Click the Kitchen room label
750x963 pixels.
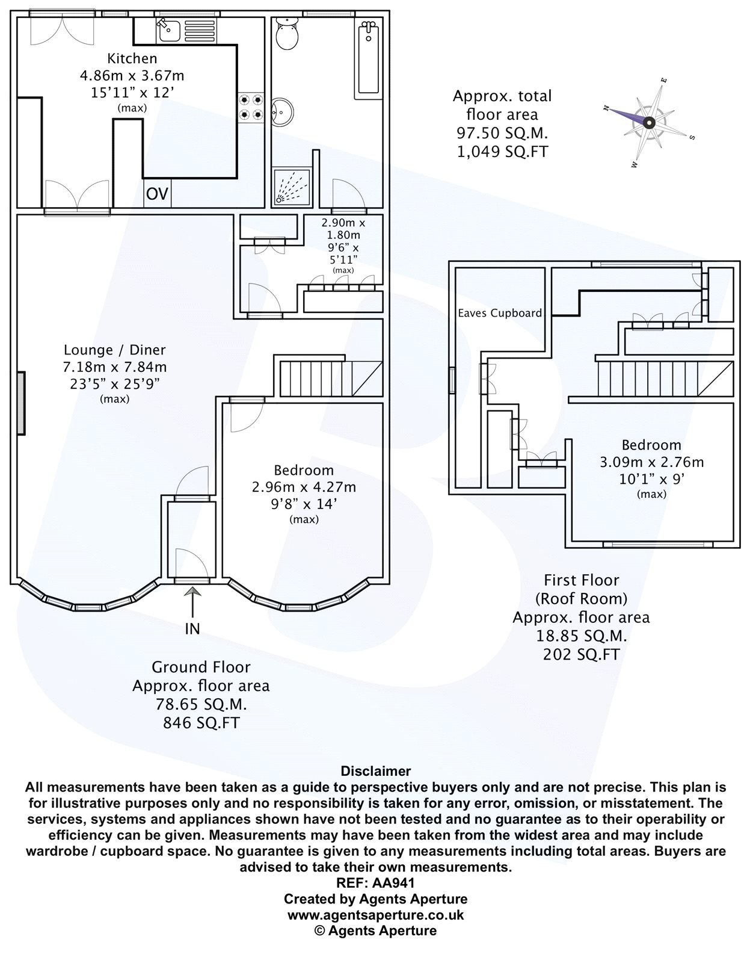point(132,58)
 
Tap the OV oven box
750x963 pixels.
point(157,194)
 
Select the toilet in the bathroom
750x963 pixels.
point(287,34)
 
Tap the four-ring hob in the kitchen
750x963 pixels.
point(251,108)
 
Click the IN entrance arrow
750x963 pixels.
point(192,602)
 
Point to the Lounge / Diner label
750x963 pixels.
point(115,350)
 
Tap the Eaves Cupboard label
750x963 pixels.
point(500,314)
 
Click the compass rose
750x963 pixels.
point(649,123)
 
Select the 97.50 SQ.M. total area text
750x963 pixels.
point(502,133)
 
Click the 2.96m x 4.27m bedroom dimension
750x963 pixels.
point(304,487)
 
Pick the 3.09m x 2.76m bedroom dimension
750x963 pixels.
point(651,462)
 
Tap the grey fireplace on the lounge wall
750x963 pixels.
point(21,403)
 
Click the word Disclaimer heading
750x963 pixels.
point(375,771)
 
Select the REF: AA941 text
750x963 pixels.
point(375,883)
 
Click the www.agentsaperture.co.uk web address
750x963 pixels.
point(375,915)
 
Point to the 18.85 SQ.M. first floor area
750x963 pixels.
point(582,636)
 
